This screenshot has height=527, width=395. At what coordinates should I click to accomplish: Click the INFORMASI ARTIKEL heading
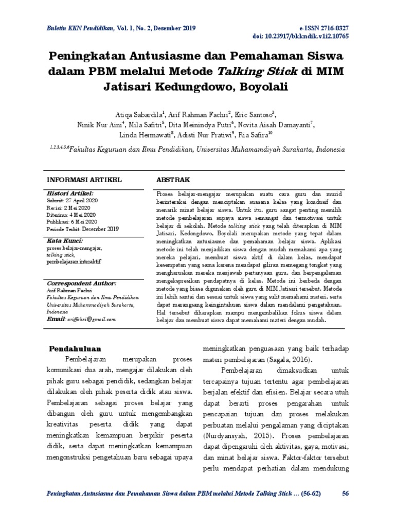84,180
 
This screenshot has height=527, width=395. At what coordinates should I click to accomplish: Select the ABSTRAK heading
173,180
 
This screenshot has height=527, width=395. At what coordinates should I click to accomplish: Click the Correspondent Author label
82,283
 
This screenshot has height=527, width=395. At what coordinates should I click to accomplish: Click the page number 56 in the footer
345,494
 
